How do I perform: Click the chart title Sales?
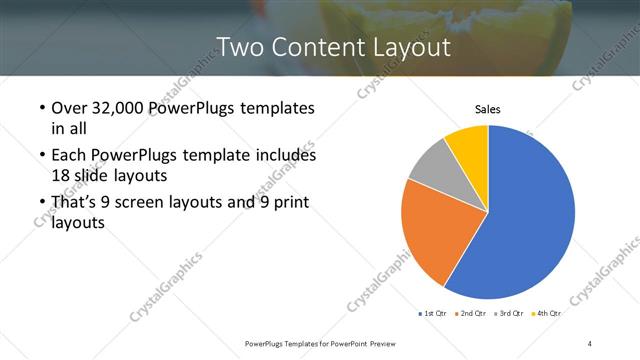(x=487, y=109)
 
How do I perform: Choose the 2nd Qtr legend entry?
(x=472, y=314)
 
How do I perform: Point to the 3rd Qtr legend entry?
(x=509, y=314)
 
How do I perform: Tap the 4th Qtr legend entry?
(x=546, y=314)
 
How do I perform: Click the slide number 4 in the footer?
(x=590, y=343)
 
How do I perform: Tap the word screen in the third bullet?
(x=152, y=203)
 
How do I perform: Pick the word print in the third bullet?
(x=288, y=203)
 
